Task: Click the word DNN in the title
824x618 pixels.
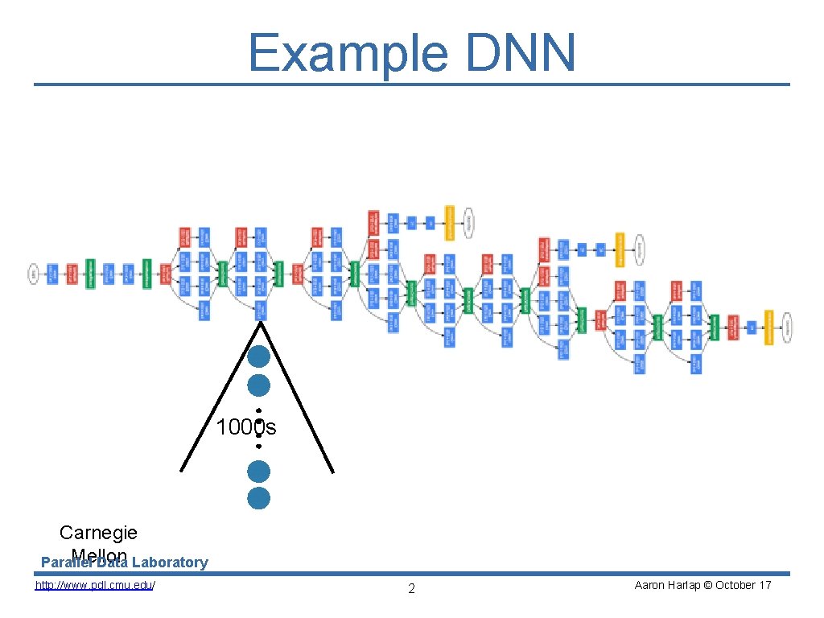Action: (523, 53)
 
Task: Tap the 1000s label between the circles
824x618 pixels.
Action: (245, 428)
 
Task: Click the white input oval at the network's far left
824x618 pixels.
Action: (34, 274)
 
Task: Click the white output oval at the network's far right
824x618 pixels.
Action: (787, 327)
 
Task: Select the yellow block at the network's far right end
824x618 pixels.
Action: (768, 327)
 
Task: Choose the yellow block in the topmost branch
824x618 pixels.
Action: (449, 222)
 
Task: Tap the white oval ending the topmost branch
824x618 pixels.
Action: (468, 222)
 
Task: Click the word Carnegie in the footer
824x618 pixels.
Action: (98, 533)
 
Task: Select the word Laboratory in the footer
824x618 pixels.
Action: (170, 562)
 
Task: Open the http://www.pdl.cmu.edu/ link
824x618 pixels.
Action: (95, 585)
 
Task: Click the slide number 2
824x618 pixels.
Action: (411, 589)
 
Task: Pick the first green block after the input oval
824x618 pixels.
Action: (90, 274)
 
